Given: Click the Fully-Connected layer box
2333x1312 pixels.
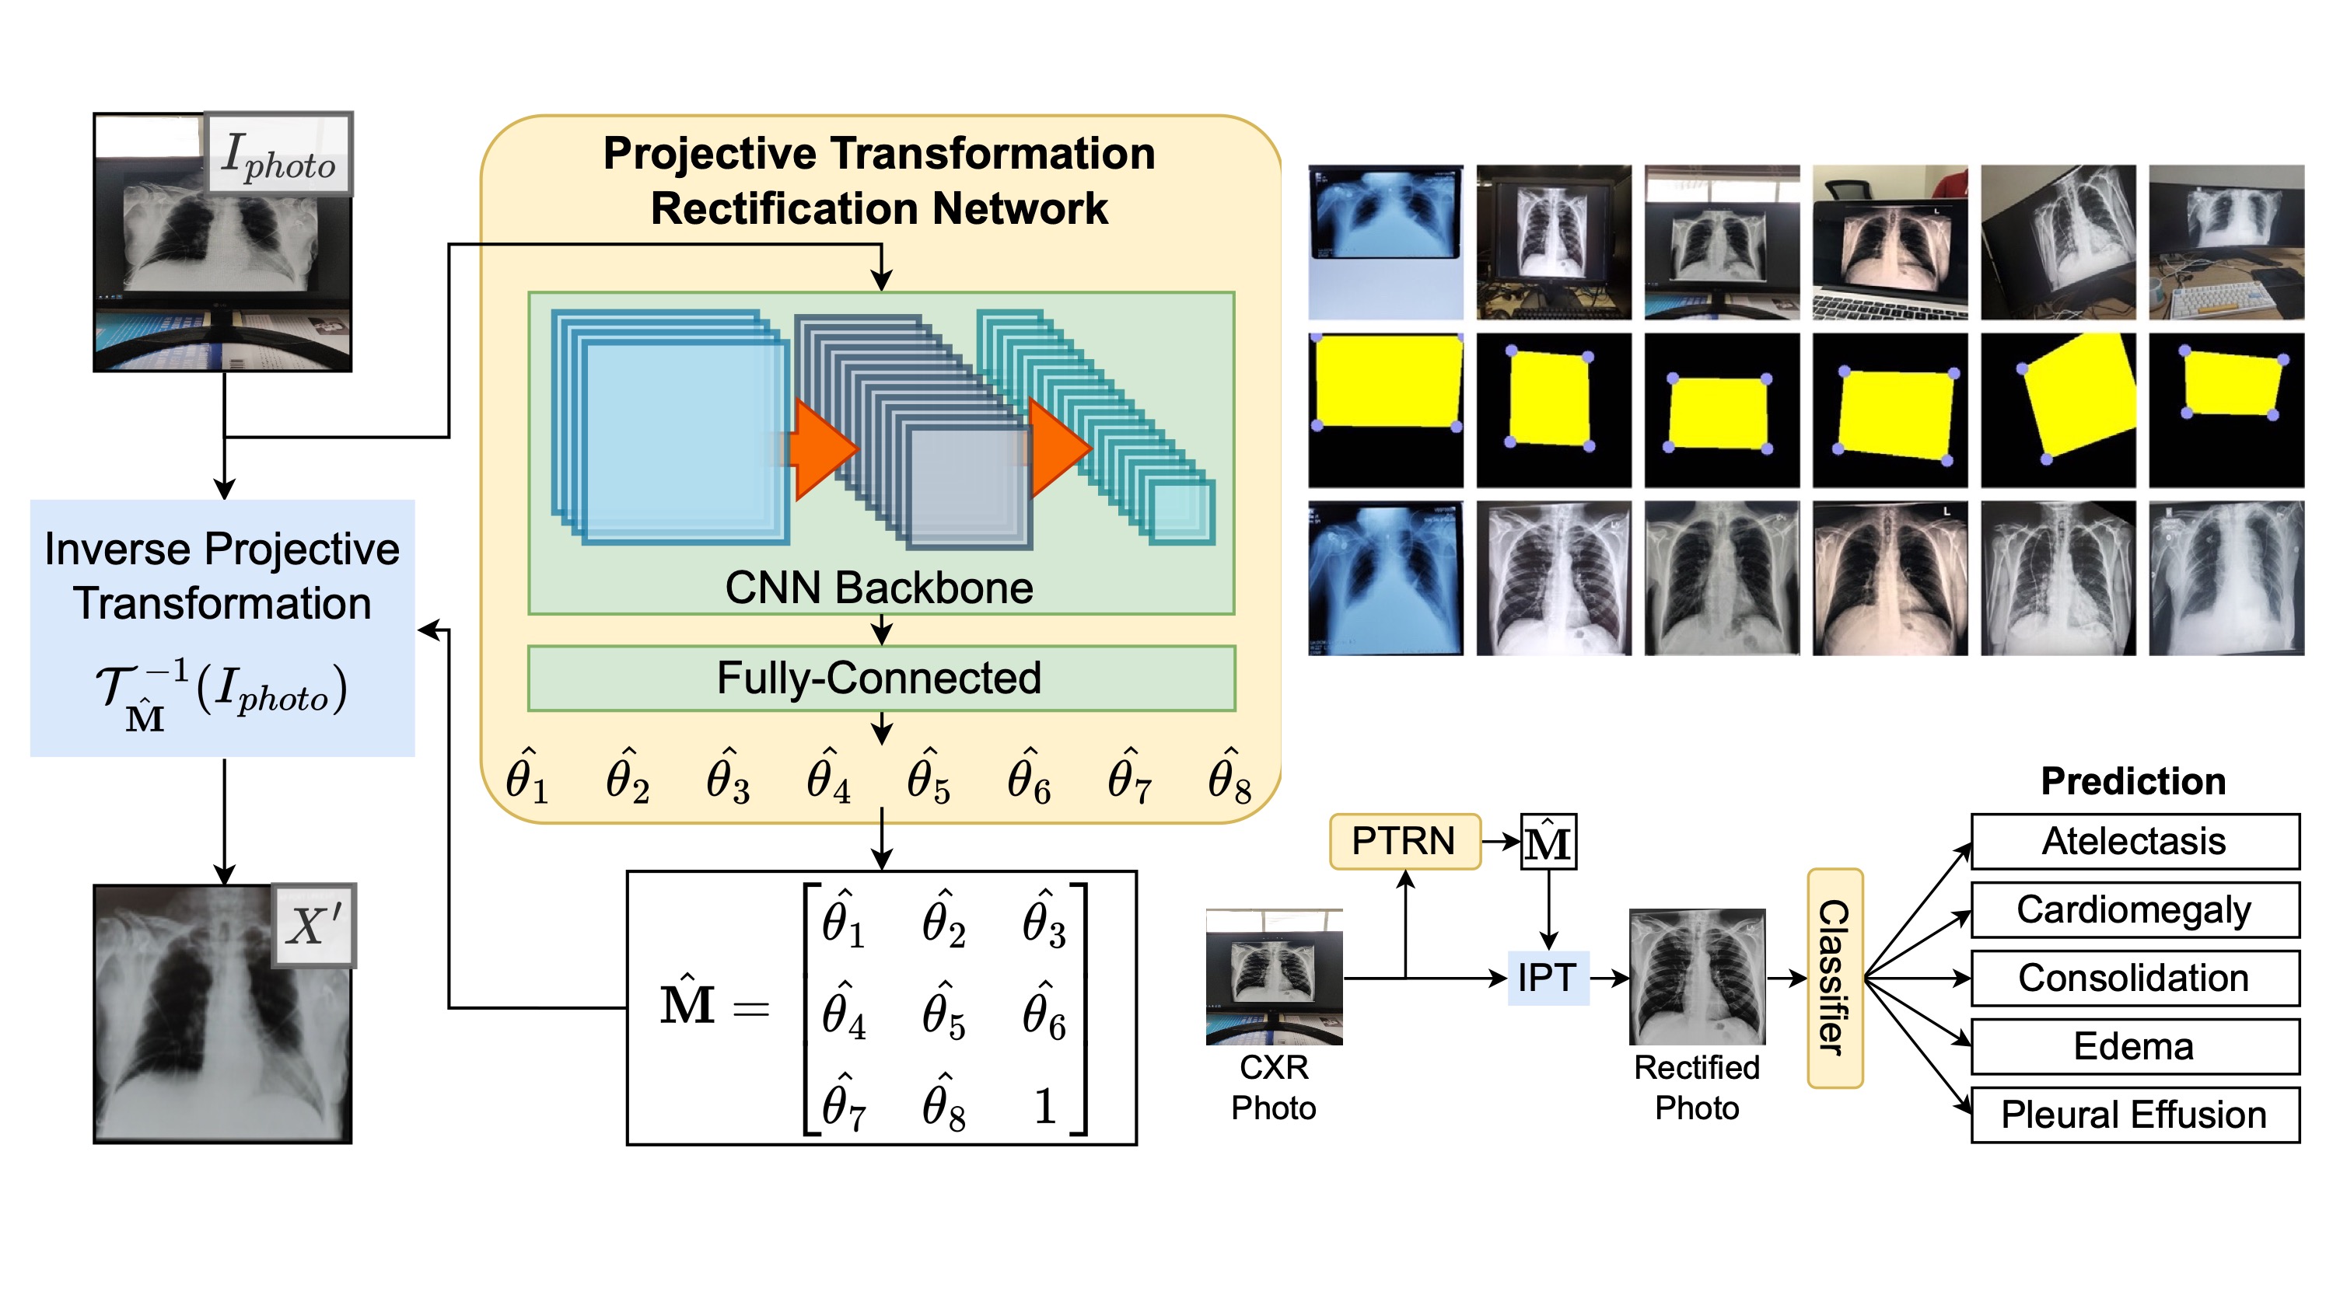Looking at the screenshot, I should point(880,679).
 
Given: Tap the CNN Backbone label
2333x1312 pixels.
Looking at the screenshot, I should point(879,588).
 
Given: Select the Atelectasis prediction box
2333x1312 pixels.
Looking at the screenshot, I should point(2134,841).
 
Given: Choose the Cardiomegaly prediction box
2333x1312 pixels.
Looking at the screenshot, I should point(2134,910).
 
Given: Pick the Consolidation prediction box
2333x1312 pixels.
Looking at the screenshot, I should point(2134,978).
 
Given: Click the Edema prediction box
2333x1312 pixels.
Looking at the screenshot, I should point(2134,1047).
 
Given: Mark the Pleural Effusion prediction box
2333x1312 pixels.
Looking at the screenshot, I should point(2134,1115).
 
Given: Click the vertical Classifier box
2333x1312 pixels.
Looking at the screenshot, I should point(1834,978).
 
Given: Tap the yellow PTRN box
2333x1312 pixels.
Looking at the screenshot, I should point(1404,841).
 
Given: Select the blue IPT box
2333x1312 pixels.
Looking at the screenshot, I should point(1548,978).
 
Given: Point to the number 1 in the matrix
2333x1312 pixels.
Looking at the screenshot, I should point(1044,1105).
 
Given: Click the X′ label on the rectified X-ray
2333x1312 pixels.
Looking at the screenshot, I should point(313,926).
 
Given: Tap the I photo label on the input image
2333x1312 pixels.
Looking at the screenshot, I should point(278,155).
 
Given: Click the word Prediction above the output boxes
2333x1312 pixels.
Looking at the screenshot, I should point(2133,781).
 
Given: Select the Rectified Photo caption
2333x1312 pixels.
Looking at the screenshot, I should point(1696,1087).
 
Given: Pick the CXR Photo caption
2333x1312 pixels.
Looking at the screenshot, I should point(1273,1087).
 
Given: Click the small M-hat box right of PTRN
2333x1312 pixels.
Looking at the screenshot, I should point(1548,842).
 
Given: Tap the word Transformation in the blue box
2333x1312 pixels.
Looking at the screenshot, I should point(222,604).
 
